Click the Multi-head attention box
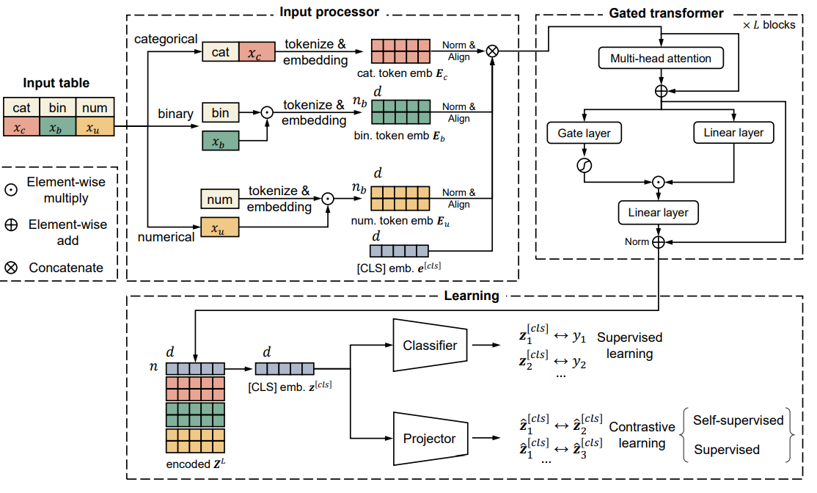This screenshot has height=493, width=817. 661,58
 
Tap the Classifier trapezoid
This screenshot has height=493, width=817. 430,345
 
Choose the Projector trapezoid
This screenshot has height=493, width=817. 430,439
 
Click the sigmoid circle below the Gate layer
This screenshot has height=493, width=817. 584,167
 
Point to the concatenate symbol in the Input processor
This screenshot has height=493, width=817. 493,51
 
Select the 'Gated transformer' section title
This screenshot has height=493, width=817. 666,13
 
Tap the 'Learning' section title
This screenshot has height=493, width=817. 472,296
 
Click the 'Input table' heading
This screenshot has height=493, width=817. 56,84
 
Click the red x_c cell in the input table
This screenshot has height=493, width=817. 21,127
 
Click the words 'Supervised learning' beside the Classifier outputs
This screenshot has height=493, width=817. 629,346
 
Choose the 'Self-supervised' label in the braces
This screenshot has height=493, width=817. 738,420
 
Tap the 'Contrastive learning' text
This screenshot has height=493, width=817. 642,435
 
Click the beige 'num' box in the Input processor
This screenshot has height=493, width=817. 220,199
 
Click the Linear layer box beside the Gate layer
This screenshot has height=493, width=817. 733,133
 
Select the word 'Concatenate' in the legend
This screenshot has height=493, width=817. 66,268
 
